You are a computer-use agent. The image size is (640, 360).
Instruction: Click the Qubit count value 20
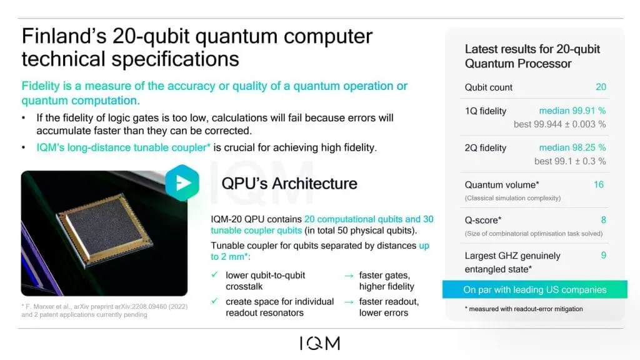pos(600,87)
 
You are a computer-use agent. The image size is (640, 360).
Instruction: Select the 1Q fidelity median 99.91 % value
pos(572,111)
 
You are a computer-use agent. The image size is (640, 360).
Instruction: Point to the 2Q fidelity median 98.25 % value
pos(572,148)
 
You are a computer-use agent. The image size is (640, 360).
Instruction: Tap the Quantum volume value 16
pos(599,185)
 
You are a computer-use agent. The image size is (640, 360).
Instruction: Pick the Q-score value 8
pos(603,220)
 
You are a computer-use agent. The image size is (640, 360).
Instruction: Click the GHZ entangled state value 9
pos(603,256)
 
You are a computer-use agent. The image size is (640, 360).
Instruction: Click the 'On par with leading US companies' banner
pos(534,290)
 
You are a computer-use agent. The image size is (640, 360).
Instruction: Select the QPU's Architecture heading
pos(289,184)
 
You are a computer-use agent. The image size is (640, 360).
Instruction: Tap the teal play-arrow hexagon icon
pos(181,182)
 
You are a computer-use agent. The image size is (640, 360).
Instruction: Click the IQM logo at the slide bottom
pos(319,344)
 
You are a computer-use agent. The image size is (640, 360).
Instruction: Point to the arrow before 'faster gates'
pos(348,276)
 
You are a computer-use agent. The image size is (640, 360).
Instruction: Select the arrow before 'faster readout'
pos(348,302)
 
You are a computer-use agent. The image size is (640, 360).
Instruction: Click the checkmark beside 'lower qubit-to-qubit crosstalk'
pos(214,275)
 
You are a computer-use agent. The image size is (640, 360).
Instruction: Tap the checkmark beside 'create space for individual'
pos(214,302)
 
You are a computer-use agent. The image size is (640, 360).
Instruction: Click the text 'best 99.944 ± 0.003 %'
pos(559,124)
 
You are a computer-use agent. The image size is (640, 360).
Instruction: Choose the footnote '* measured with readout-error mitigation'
pos(524,309)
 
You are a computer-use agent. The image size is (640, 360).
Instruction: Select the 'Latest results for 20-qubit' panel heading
pos(531,49)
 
